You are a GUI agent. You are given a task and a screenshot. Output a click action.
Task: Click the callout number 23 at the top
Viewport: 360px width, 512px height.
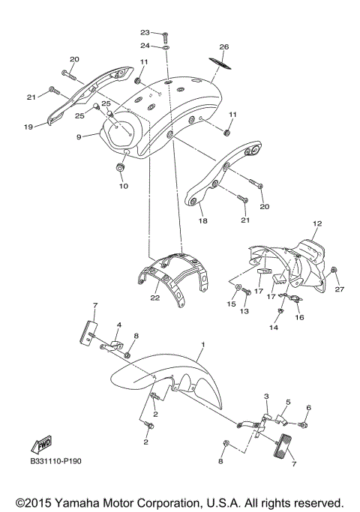click(145, 32)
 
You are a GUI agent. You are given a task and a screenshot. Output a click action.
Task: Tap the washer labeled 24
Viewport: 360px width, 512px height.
click(166, 46)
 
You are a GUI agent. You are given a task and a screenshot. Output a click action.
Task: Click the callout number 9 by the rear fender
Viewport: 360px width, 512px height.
click(77, 136)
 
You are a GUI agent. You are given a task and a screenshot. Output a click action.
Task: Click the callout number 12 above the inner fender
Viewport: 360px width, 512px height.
click(316, 224)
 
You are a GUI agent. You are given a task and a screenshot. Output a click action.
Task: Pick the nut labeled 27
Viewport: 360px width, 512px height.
click(334, 270)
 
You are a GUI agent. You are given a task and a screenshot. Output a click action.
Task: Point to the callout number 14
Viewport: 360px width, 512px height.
click(274, 328)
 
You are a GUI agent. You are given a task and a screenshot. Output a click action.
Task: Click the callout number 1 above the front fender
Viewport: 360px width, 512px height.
click(202, 344)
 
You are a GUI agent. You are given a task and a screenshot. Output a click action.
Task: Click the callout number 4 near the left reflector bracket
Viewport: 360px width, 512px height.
click(118, 325)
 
